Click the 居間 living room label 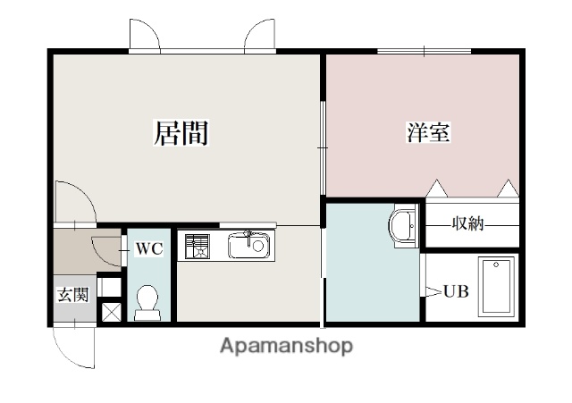click(x=181, y=133)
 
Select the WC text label click(x=148, y=249)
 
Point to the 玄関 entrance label click(x=73, y=295)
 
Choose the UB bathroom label click(x=456, y=291)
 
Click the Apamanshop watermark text click(x=286, y=345)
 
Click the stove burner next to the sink click(x=197, y=245)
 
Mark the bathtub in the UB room click(x=496, y=286)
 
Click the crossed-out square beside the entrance click(x=110, y=312)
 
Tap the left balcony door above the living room click(x=145, y=36)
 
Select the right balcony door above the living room click(x=260, y=36)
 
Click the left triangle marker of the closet click(x=437, y=189)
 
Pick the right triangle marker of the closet click(x=508, y=189)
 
